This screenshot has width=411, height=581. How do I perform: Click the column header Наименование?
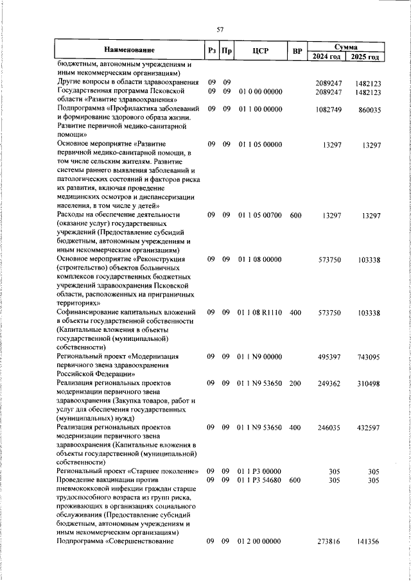128,50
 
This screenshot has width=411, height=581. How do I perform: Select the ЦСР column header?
260,50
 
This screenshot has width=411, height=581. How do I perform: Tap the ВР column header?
296,50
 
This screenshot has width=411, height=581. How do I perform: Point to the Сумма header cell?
346,45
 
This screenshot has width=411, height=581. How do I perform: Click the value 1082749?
329,110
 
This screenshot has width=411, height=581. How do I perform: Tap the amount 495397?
329,355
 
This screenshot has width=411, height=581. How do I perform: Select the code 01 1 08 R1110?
260,311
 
